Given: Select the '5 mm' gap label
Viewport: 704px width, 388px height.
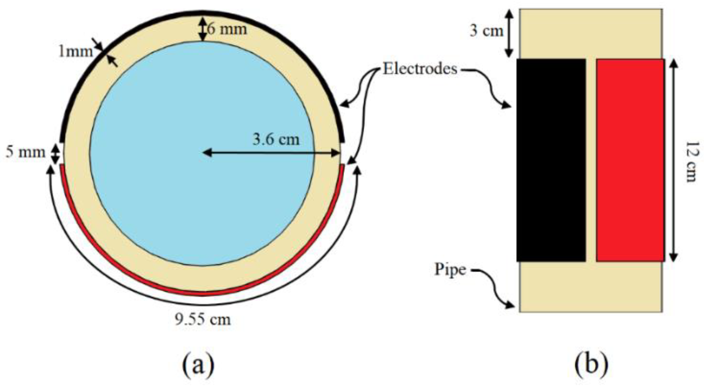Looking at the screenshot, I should click(26, 152).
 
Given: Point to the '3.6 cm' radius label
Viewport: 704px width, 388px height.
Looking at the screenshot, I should click(276, 140).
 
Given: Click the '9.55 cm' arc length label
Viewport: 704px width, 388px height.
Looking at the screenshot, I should click(203, 319).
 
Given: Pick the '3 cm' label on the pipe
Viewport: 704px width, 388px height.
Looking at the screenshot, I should click(486, 31).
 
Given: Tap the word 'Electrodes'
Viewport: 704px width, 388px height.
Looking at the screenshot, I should click(420, 69).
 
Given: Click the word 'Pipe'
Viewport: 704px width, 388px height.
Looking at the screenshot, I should click(450, 270).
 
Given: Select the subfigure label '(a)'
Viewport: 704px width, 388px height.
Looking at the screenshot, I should click(198, 364).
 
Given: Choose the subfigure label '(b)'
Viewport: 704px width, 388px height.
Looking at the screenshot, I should click(591, 364).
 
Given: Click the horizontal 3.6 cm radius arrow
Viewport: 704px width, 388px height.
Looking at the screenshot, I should click(271, 153).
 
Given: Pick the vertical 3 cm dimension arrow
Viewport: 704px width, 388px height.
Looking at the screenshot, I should click(509, 33).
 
